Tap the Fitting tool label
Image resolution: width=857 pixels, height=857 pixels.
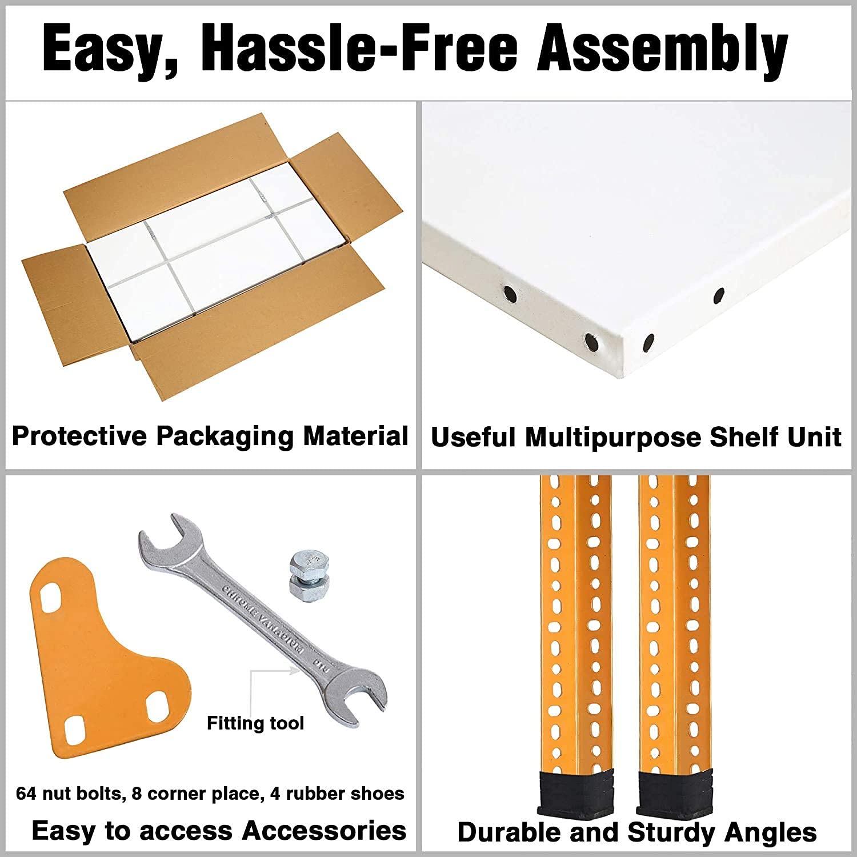(255, 723)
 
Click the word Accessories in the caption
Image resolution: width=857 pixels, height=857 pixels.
(324, 831)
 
